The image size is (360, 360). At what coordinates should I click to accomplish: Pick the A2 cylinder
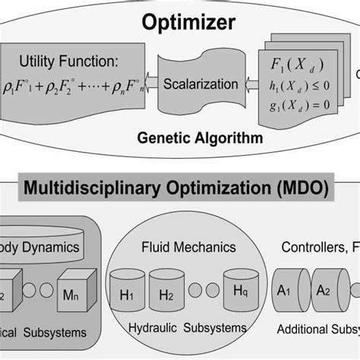pos(328,292)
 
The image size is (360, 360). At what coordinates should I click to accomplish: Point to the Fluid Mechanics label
pos(188,247)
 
